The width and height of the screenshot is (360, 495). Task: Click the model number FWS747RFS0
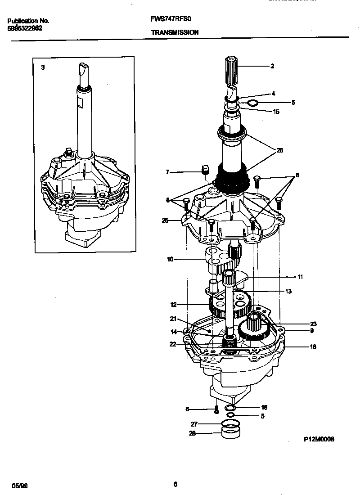pyautogui.click(x=166, y=20)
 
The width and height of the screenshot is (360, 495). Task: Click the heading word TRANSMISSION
pyautogui.click(x=175, y=32)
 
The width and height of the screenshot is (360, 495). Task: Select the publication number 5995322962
pyautogui.click(x=25, y=28)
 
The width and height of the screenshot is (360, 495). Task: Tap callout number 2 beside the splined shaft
pyautogui.click(x=272, y=66)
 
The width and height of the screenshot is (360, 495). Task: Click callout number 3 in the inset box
pyautogui.click(x=43, y=67)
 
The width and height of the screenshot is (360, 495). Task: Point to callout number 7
pyautogui.click(x=168, y=172)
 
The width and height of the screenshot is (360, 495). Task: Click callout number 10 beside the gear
pyautogui.click(x=170, y=260)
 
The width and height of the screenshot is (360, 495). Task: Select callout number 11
pyautogui.click(x=300, y=277)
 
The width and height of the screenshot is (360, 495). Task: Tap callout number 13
pyautogui.click(x=288, y=292)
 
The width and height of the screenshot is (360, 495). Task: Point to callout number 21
pyautogui.click(x=172, y=319)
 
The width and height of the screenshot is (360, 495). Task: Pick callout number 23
pyautogui.click(x=301, y=323)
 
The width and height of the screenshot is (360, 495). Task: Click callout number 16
pyautogui.click(x=301, y=346)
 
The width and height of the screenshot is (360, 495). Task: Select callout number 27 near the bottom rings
pyautogui.click(x=194, y=424)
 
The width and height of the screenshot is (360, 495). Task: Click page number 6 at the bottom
pyautogui.click(x=175, y=484)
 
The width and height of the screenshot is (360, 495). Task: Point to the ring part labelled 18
pyautogui.click(x=230, y=408)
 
